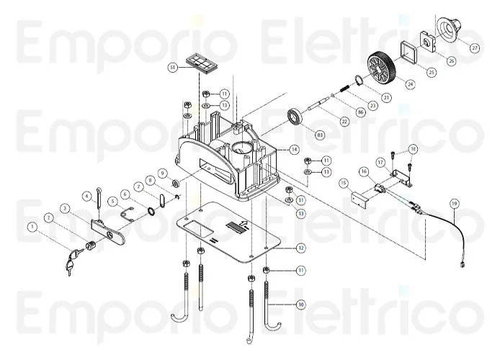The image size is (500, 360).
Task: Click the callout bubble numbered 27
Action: pyautogui.click(x=475, y=48)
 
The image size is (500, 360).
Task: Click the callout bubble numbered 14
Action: pyautogui.click(x=294, y=150)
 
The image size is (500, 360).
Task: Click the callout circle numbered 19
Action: pyautogui.click(x=454, y=204)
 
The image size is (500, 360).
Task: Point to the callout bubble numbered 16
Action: pyautogui.click(x=364, y=171)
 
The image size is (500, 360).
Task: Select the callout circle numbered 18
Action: pyautogui.click(x=412, y=149)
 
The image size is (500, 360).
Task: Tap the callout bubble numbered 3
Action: pyautogui.click(x=65, y=208)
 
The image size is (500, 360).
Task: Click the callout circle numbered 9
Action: pyautogui.click(x=163, y=174)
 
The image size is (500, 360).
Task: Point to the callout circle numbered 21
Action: pyautogui.click(x=386, y=97)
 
